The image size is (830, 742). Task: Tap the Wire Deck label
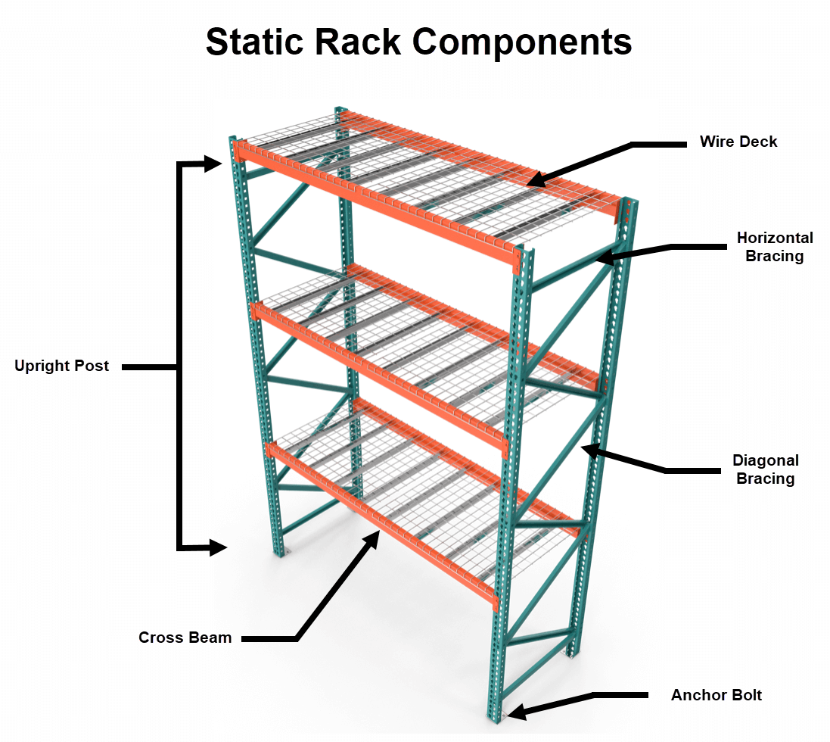point(738,142)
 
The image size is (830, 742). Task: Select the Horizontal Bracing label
point(775,247)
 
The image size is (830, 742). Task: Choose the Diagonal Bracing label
point(765,469)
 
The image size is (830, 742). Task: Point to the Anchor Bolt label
point(716,695)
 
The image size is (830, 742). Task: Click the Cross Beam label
point(185,638)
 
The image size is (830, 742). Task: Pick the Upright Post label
point(61,366)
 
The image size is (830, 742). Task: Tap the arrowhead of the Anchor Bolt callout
point(514,712)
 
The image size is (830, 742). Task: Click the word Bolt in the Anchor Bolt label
point(745,695)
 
